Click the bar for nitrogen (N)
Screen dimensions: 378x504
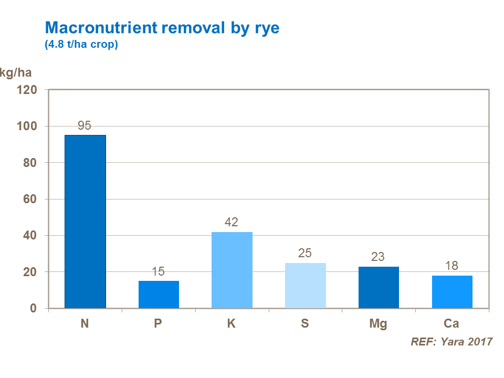(85, 222)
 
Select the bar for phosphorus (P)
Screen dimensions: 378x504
(159, 295)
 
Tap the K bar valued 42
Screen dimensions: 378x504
(232, 270)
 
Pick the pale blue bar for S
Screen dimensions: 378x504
(305, 286)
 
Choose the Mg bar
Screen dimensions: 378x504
(379, 287)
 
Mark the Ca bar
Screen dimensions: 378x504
(452, 292)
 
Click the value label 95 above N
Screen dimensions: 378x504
(85, 126)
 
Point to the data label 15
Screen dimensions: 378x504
(158, 272)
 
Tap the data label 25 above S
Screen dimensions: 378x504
(305, 254)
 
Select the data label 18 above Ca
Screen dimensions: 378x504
(452, 266)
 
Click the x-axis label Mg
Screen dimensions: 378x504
(378, 323)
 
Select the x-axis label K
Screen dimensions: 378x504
(232, 323)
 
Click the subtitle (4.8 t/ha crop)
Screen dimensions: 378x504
(81, 45)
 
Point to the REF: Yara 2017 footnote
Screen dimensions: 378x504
(451, 342)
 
